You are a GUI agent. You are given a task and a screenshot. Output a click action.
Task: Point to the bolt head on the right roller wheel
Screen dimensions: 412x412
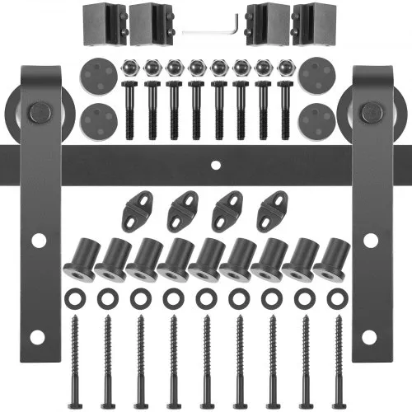tap(372, 111)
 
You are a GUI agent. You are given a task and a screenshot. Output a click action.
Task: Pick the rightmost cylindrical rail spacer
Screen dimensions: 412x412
tap(330, 258)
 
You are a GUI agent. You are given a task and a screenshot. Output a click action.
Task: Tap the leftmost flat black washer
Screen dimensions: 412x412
tap(74, 294)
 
